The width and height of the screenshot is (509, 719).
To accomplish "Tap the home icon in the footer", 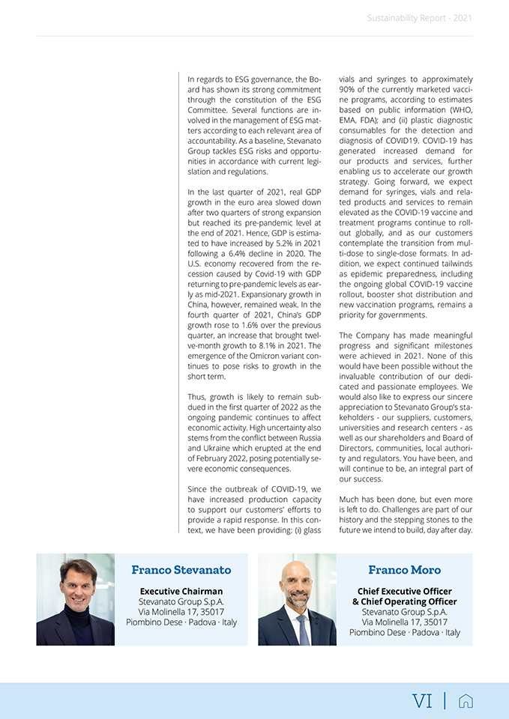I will [466, 701].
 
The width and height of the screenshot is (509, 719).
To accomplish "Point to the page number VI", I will [423, 701].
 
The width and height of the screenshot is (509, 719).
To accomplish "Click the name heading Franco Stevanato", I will [181, 570].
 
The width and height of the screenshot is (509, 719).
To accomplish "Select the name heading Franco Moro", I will [405, 570].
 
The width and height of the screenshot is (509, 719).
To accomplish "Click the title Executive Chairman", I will [181, 592].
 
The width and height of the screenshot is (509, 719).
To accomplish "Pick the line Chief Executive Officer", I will [405, 592].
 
